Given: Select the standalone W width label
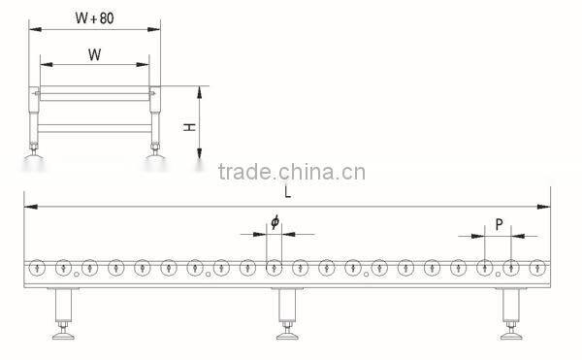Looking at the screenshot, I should [x=94, y=54].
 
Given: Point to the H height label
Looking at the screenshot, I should [x=191, y=126].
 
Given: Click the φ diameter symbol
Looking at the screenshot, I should [x=275, y=223].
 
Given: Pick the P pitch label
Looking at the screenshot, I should [x=499, y=225].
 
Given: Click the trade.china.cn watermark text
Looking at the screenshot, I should [x=291, y=174].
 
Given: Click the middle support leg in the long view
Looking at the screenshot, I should [x=287, y=311].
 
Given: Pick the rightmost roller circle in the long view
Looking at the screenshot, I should [x=535, y=267].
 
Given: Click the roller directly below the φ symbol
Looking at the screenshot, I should [x=275, y=267].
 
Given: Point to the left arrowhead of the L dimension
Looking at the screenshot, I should [x=29, y=206].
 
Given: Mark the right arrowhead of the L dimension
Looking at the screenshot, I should [x=546, y=206].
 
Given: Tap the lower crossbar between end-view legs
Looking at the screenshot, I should [x=95, y=127].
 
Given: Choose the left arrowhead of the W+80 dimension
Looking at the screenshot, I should [x=32, y=29].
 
